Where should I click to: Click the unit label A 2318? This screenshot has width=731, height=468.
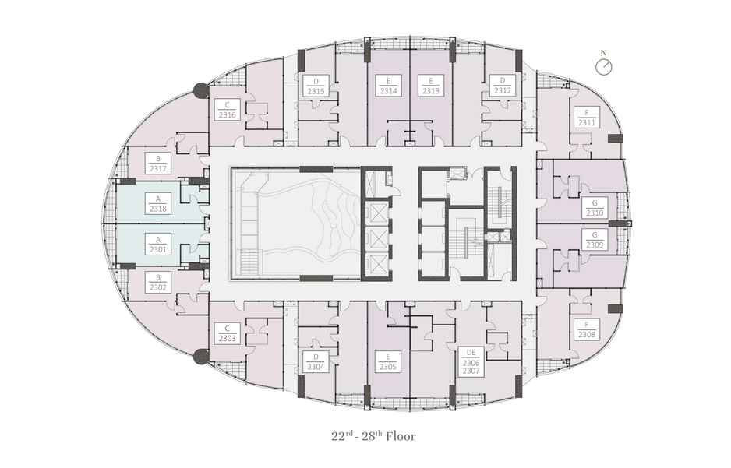point(158,205)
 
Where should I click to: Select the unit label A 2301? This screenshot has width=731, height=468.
point(158,245)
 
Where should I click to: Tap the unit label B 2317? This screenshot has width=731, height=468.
point(158,164)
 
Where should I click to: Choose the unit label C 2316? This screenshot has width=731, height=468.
point(228,110)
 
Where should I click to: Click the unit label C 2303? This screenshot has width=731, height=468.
point(228,333)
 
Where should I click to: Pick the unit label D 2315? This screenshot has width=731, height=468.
point(316,86)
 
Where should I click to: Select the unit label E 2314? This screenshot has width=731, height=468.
point(388,86)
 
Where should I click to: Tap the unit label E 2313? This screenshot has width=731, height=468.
point(431,86)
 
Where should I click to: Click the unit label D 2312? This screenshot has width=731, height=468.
point(503,86)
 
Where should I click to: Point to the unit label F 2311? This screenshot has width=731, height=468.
point(587,118)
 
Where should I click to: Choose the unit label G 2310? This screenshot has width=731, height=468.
point(595,208)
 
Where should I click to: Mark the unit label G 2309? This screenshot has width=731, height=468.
point(595,240)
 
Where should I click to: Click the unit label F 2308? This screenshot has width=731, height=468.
point(587,329)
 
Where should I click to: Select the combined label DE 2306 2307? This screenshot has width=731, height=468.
point(471,361)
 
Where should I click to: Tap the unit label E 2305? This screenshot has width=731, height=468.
point(388,362)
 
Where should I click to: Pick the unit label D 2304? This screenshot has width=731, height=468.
point(316,362)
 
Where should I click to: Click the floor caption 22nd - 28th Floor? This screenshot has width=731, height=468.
point(373,436)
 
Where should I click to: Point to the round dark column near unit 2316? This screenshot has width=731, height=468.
point(201,90)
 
